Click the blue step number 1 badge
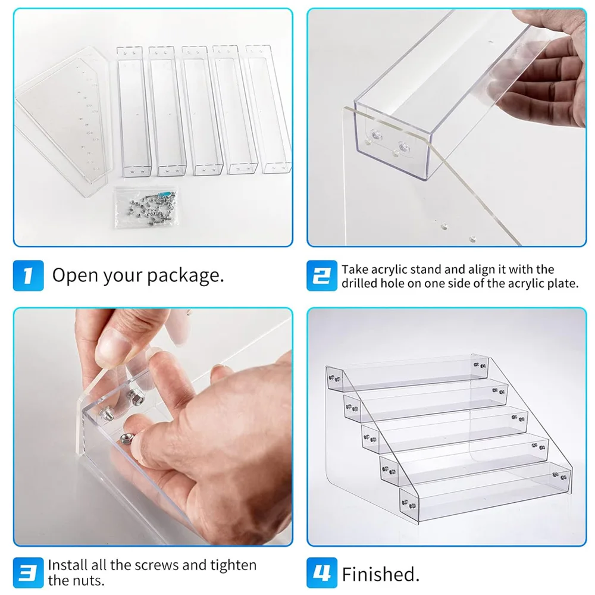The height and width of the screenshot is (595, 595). click(x=28, y=275)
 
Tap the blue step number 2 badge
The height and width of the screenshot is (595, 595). click(x=322, y=275)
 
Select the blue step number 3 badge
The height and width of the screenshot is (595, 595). click(x=28, y=572)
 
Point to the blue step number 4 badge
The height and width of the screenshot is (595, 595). click(x=322, y=572)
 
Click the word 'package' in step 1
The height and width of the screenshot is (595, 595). click(x=185, y=276)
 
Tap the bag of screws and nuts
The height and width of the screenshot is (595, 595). click(x=146, y=207)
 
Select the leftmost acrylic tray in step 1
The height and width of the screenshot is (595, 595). click(x=134, y=112)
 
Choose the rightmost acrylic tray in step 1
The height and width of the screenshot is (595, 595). click(x=268, y=109)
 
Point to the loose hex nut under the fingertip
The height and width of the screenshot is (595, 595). click(x=125, y=439)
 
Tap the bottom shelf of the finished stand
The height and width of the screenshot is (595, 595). click(x=486, y=492)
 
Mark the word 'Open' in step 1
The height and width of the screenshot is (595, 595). click(x=75, y=276)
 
